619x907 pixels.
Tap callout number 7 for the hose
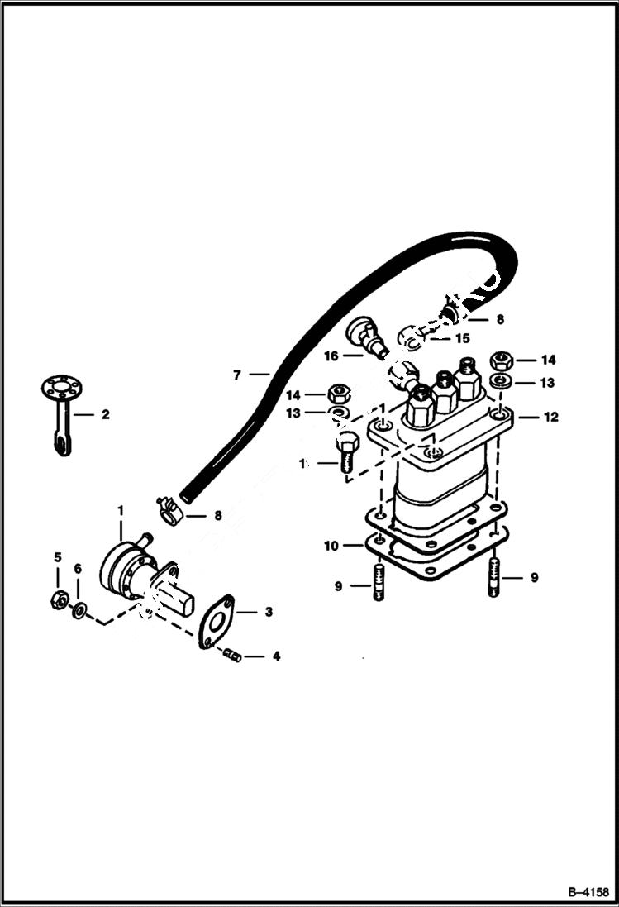click(237, 375)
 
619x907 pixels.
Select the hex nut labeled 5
click(59, 598)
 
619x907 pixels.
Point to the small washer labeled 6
click(79, 611)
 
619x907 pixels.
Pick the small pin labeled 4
click(231, 656)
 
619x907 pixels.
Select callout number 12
click(551, 417)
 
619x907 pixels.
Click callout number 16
click(331, 356)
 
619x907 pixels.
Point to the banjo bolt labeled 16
click(366, 338)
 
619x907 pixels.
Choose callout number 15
click(460, 338)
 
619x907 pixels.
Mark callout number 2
click(105, 414)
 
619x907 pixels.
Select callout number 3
click(268, 612)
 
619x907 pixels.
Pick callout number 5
click(58, 558)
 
